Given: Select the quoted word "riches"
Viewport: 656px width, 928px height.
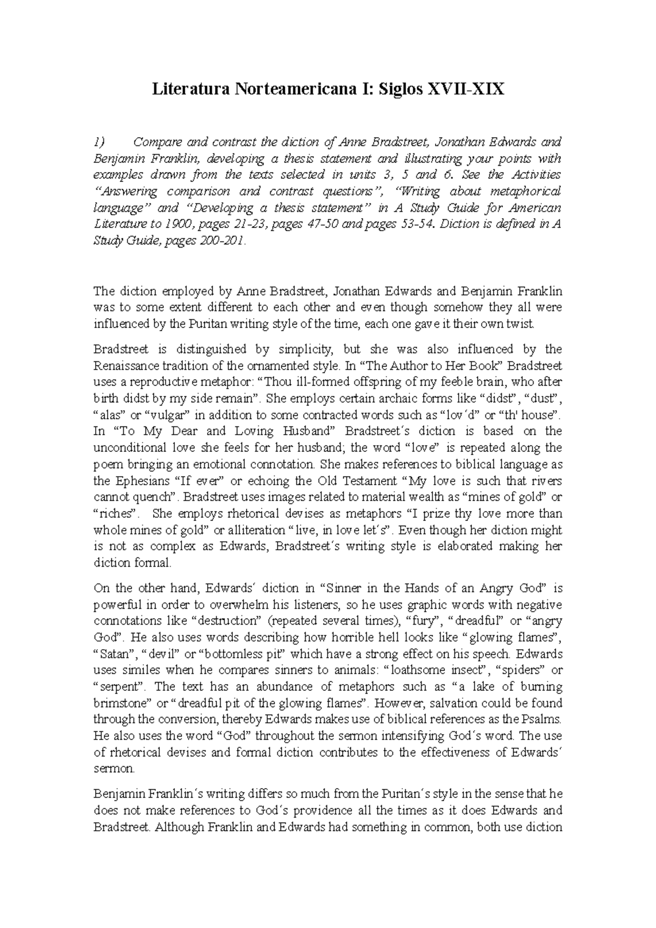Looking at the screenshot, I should click(116, 514).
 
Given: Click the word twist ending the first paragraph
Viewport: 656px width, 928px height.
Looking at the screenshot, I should click(522, 324).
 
